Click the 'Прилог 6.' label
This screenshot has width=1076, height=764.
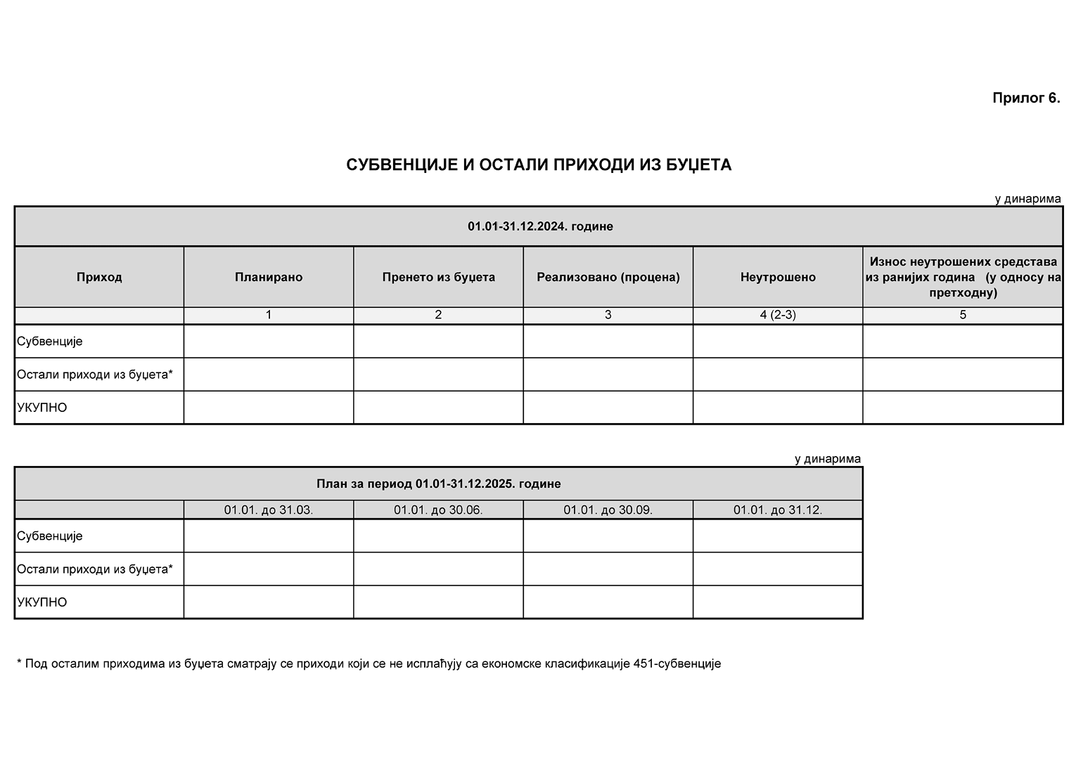tap(1025, 98)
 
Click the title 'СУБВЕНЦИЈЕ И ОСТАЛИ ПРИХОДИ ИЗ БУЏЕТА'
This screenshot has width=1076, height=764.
tap(539, 165)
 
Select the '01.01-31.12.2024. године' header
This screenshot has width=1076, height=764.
tap(539, 226)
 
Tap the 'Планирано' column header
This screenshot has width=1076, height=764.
tap(269, 277)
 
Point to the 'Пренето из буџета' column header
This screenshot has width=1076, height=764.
tap(438, 277)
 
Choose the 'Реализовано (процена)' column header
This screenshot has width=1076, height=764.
tap(608, 277)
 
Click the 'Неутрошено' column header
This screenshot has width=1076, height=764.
tap(778, 277)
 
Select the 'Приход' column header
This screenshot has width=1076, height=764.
tap(99, 277)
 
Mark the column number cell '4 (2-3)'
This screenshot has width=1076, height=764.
tap(778, 315)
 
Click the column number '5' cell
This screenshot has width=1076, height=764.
tap(963, 315)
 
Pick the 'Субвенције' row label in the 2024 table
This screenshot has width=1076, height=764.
tap(50, 342)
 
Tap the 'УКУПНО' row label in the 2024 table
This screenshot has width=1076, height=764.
tap(42, 408)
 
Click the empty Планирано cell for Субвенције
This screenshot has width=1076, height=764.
tap(269, 342)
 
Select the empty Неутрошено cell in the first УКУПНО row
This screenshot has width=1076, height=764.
tap(778, 408)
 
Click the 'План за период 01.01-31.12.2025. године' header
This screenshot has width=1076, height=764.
tap(438, 484)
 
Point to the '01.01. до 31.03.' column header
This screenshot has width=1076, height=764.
tap(269, 510)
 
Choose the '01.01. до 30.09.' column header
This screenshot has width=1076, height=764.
tap(608, 510)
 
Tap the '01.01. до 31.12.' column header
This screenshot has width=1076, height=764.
tap(778, 510)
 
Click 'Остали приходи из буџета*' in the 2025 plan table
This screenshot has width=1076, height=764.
tap(95, 569)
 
